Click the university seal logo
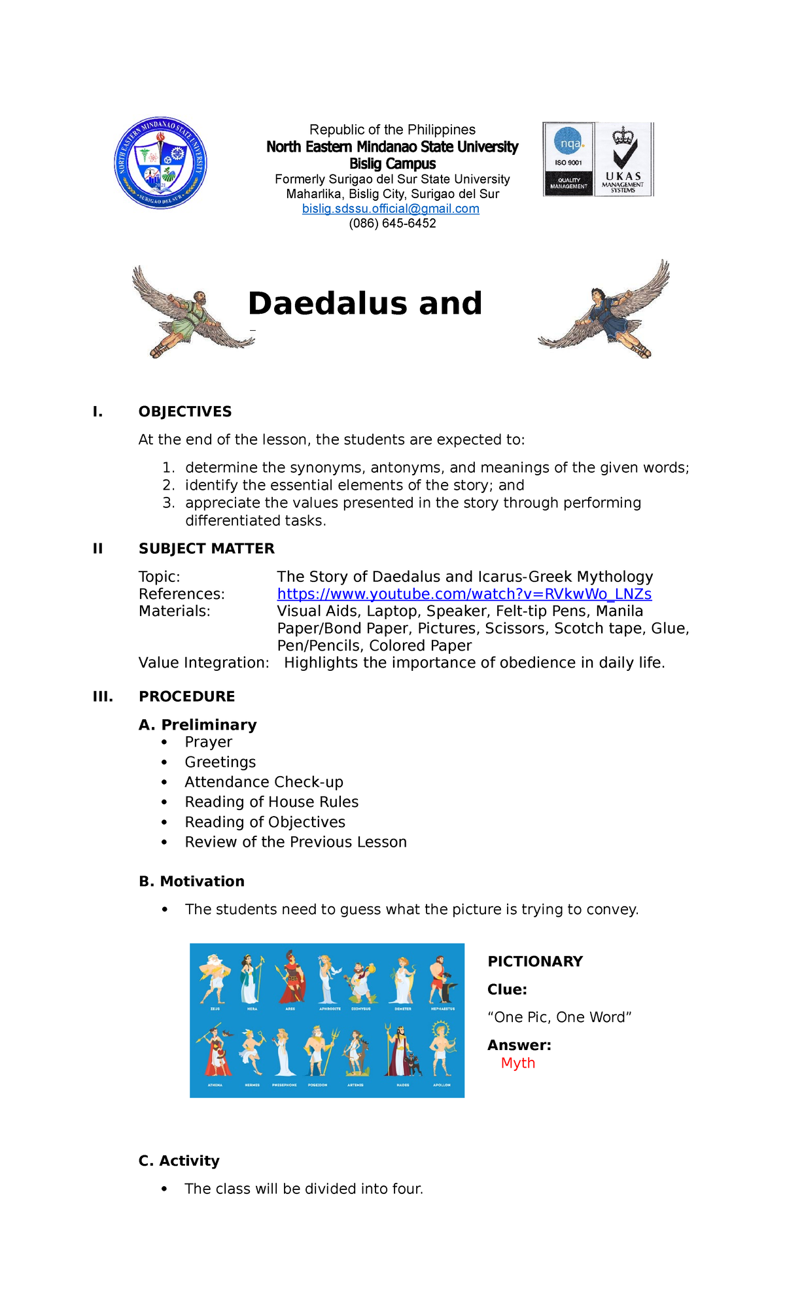coord(161,163)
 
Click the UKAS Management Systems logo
coord(623,159)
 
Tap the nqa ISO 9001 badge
coord(568,159)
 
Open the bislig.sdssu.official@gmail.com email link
coord(391,209)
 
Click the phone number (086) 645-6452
coord(392,224)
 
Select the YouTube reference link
coord(464,594)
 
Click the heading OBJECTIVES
coord(185,411)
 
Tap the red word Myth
coord(517,1063)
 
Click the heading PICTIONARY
coord(534,961)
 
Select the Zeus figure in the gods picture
coord(215,978)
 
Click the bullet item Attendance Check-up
coord(264,782)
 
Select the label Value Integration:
coord(203,663)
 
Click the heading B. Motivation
coord(192,881)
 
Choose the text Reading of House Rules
coord(271,802)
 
